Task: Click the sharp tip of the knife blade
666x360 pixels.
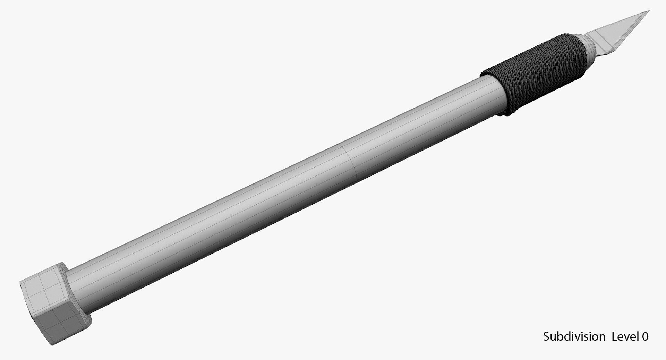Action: pos(648,11)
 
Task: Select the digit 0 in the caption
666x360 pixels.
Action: pos(644,337)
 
